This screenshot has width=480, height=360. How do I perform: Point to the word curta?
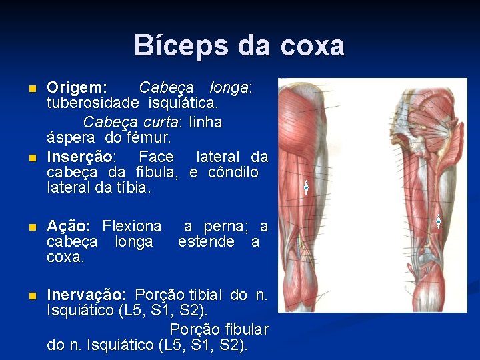tap(161, 122)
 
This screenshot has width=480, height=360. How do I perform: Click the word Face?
tap(155, 157)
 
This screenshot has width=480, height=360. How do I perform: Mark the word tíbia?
tap(133, 189)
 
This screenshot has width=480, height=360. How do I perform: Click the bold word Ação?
tap(69, 226)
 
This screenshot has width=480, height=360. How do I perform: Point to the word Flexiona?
tap(131, 226)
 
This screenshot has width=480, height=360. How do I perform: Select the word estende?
tap(206, 242)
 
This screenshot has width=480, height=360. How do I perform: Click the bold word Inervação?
tap(85, 294)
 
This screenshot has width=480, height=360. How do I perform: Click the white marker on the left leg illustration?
tap(306, 187)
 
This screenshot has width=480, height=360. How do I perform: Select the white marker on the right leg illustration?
tap(438, 221)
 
